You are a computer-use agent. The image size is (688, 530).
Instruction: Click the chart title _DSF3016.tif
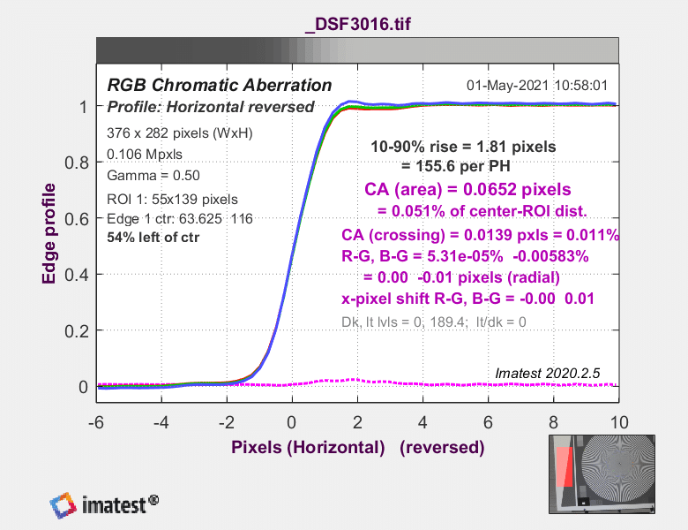click(x=357, y=24)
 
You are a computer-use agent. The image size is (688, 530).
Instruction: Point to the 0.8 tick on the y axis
click(x=77, y=163)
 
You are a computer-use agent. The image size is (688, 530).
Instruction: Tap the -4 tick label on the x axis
click(x=161, y=423)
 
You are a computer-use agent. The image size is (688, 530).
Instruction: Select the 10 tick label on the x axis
click(x=619, y=423)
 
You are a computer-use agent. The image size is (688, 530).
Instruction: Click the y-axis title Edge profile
click(x=49, y=234)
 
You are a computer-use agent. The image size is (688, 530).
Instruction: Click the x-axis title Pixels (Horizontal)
click(x=308, y=447)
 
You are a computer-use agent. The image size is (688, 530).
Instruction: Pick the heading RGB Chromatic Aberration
click(x=220, y=85)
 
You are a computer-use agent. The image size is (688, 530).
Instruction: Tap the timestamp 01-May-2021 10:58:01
click(x=537, y=86)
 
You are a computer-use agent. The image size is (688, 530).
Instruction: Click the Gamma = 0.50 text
click(x=153, y=176)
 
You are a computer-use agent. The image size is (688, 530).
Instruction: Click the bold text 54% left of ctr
click(x=153, y=238)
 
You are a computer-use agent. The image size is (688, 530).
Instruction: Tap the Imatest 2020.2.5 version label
click(x=547, y=373)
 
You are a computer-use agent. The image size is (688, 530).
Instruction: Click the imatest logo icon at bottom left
click(x=64, y=505)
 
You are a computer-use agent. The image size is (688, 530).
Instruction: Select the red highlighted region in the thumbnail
click(x=565, y=466)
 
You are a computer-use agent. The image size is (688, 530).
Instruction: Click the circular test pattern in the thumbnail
click(x=618, y=464)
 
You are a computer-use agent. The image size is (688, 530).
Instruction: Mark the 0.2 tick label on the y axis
click(x=77, y=331)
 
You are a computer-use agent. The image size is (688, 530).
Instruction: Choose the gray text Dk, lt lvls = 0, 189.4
click(x=403, y=322)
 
